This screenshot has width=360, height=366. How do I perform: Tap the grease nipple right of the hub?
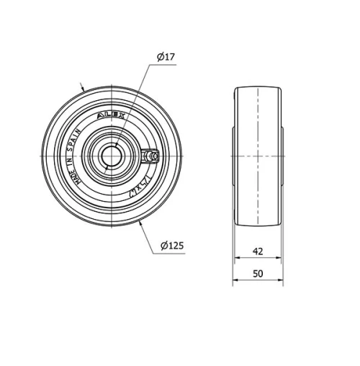pyautogui.click(x=152, y=156)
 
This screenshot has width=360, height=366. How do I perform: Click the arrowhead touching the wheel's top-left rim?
pyautogui.click(x=84, y=89)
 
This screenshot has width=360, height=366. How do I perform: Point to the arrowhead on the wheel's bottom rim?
pyautogui.click(x=139, y=223)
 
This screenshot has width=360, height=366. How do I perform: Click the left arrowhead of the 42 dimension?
pyautogui.click(x=238, y=261)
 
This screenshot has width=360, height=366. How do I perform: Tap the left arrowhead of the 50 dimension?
pyautogui.click(x=234, y=283)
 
